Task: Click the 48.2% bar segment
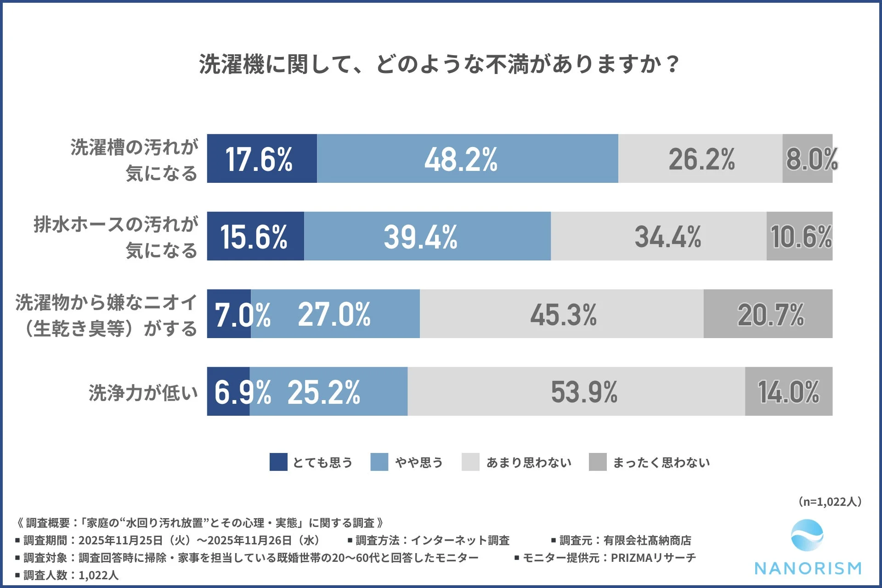467,159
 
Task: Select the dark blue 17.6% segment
261,159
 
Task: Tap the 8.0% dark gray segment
808,159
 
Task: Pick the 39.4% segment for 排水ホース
427,236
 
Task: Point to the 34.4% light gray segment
658,236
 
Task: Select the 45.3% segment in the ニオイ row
561,314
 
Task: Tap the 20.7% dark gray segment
768,314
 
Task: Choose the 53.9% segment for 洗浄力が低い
576,391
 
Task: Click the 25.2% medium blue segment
328,391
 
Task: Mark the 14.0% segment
788,391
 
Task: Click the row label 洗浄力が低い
143,393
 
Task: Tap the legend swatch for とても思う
278,462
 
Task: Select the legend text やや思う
419,462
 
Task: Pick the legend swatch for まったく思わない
598,462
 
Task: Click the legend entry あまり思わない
529,462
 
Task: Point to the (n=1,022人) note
830,502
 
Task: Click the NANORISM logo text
808,568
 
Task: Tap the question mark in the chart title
673,64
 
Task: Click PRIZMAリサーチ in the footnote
653,558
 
